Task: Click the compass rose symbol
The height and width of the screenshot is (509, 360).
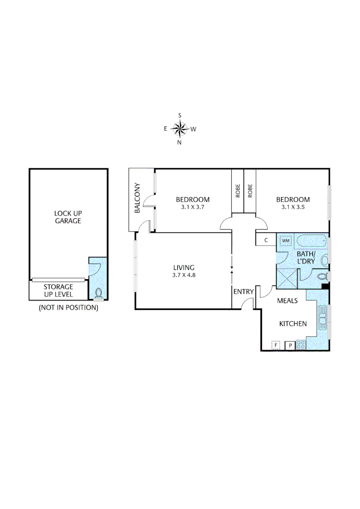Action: click(x=180, y=128)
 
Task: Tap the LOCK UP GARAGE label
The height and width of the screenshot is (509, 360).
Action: click(x=67, y=217)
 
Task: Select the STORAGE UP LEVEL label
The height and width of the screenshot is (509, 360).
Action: click(x=58, y=290)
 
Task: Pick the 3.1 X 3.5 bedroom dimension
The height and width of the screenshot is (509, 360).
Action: click(x=293, y=207)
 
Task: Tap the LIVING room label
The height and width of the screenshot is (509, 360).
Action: click(x=184, y=267)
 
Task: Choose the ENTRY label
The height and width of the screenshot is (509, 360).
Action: click(x=244, y=292)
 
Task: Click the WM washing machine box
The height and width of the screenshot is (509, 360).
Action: click(x=285, y=241)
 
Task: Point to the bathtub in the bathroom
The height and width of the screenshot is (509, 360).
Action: click(x=311, y=241)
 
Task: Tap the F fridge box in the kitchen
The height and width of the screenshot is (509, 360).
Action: click(x=276, y=345)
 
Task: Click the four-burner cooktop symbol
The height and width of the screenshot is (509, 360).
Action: click(x=301, y=345)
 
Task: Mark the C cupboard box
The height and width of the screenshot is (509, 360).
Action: click(x=266, y=240)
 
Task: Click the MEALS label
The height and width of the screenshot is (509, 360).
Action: click(x=287, y=301)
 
